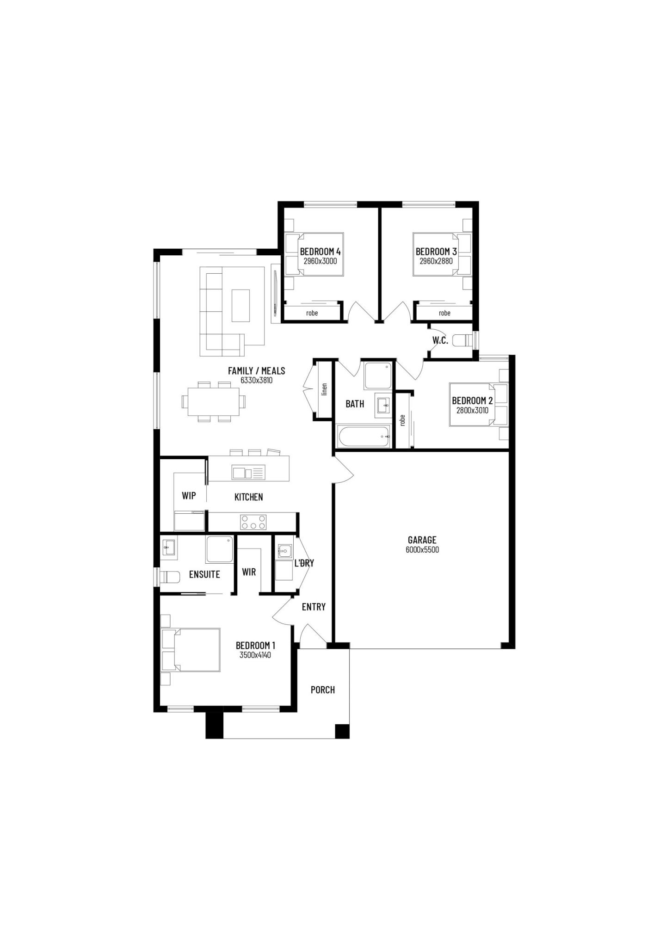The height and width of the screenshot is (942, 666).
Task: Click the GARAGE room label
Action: click(x=422, y=540)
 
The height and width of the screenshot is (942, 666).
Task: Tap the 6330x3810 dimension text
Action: click(x=256, y=381)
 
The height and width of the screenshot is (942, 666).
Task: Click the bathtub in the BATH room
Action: click(x=364, y=436)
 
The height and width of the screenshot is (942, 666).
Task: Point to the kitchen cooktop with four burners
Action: click(x=253, y=522)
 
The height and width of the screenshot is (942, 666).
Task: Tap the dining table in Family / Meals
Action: click(x=213, y=401)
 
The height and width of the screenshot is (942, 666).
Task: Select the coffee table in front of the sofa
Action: click(x=240, y=305)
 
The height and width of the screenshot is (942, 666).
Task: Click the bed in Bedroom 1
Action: click(x=190, y=650)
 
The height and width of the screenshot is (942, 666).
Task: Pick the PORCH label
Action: click(x=322, y=690)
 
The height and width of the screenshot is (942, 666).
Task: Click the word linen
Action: click(x=324, y=389)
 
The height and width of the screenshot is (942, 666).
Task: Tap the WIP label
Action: click(x=189, y=496)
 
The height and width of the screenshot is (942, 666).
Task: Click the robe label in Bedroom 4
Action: click(x=312, y=313)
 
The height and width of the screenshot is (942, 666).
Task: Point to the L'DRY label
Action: click(x=304, y=563)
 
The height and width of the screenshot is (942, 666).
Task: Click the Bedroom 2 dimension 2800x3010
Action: click(x=472, y=410)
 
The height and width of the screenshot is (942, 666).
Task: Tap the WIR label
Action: click(x=249, y=572)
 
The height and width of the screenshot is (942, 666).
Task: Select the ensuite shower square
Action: click(x=220, y=549)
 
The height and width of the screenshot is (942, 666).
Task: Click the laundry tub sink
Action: click(x=284, y=552)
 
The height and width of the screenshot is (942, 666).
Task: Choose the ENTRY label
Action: click(x=314, y=607)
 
